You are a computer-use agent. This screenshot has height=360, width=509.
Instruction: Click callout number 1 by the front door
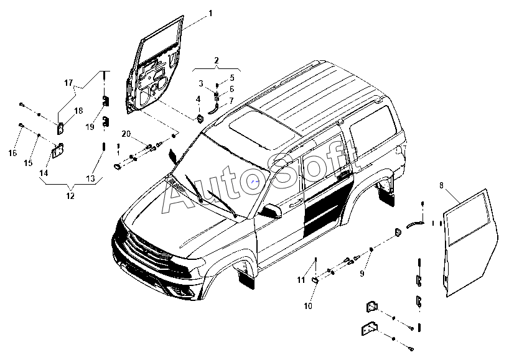[210, 13]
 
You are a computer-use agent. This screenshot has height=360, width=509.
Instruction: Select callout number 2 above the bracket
[217, 60]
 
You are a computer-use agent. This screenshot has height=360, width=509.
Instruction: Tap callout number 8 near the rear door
[442, 185]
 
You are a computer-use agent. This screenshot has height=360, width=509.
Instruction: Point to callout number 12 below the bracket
[70, 196]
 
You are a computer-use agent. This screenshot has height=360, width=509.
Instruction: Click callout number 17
[68, 83]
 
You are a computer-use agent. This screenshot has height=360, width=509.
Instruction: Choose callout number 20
[125, 134]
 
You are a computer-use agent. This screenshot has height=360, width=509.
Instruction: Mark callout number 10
[307, 306]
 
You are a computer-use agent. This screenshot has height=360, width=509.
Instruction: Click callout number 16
[12, 152]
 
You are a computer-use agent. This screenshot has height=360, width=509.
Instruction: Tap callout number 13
[90, 178]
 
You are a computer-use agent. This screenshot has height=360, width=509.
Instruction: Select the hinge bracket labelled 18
[62, 128]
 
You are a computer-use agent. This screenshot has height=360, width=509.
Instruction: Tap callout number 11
[301, 280]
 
